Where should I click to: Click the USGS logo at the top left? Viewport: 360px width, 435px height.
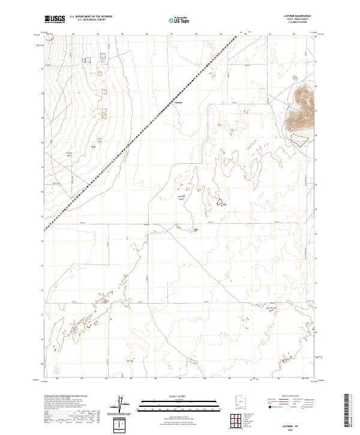(55, 19)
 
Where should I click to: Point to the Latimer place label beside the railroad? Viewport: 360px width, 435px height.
(178, 101)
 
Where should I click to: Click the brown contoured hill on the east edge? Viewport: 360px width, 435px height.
(301, 109)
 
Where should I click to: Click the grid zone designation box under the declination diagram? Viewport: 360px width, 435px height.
(121, 425)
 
